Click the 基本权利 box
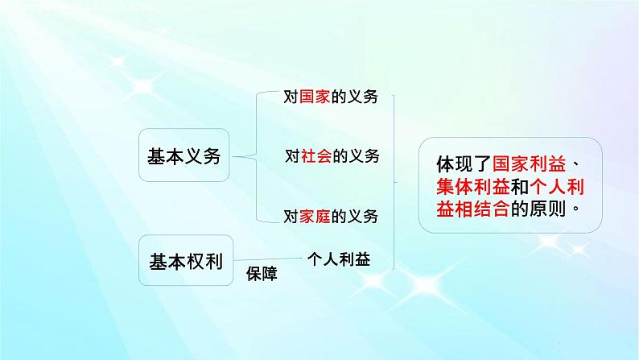pyautogui.click(x=184, y=261)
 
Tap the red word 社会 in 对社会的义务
pyautogui.click(x=316, y=156)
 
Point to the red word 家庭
pyautogui.click(x=316, y=217)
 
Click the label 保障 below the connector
pyautogui.click(x=262, y=274)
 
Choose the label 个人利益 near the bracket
pyautogui.click(x=339, y=259)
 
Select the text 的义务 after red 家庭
pyautogui.click(x=356, y=217)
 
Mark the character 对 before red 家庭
pyautogui.click(x=291, y=217)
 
